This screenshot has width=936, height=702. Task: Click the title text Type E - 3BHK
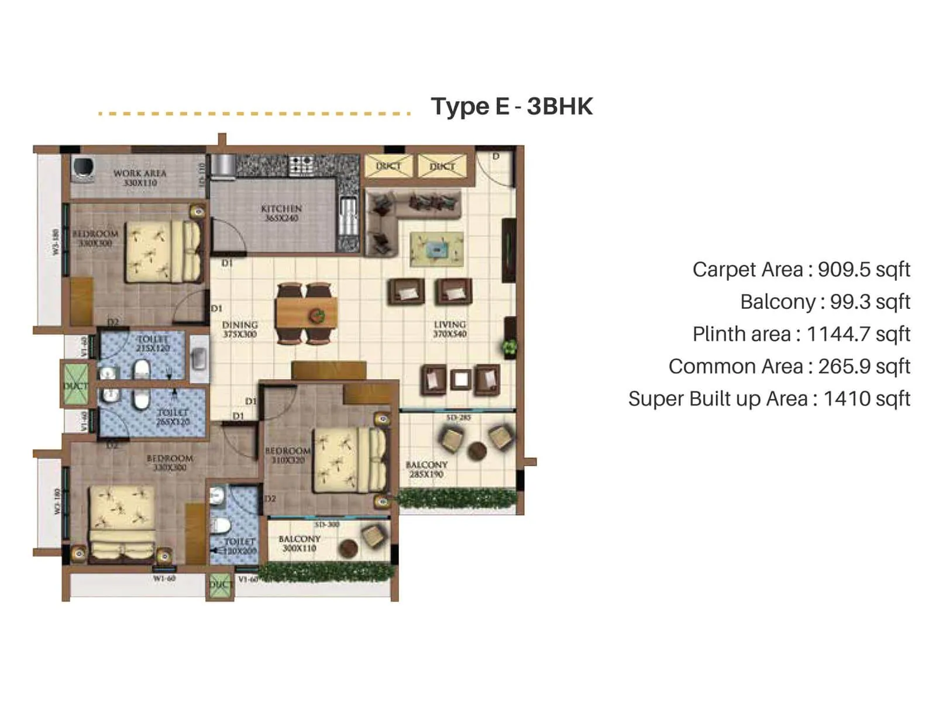(x=511, y=107)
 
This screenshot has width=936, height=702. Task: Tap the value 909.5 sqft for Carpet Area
(x=863, y=270)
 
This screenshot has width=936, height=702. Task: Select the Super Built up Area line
(x=769, y=399)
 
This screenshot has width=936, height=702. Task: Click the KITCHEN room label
(x=281, y=213)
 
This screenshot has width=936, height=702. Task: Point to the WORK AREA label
(x=140, y=178)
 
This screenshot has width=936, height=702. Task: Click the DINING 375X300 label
(x=240, y=329)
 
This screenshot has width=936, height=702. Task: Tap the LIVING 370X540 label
(x=449, y=329)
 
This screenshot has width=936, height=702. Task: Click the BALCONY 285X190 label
(x=426, y=469)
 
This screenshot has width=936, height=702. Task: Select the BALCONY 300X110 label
(x=299, y=543)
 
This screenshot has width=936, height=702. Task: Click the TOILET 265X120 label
(x=173, y=417)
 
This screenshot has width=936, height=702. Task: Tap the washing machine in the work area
(x=83, y=168)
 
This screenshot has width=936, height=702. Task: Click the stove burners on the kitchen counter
(x=302, y=164)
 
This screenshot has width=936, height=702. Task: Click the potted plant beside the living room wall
(x=510, y=347)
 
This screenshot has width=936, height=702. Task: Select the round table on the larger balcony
(x=477, y=450)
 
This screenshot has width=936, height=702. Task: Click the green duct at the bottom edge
(x=220, y=585)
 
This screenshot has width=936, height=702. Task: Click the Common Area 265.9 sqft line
(x=789, y=367)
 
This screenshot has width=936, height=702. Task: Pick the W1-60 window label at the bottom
(x=164, y=579)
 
